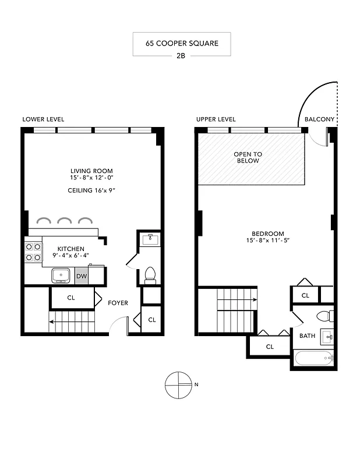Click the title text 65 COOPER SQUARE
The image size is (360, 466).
pos(181,44)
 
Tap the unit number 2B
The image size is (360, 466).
pos(181,57)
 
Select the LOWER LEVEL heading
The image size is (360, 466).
pos(43,119)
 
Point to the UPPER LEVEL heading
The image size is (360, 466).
pos(216,119)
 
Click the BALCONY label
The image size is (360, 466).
pos(319,119)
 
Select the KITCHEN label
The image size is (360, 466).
pos(70,249)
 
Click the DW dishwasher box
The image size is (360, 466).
pos(82,276)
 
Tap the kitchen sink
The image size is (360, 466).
pos(60,275)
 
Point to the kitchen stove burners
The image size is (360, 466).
pos(33,252)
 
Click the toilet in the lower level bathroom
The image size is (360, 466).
pos(150,274)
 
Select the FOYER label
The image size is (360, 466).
pos(118,303)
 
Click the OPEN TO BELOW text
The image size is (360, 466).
pos(248,157)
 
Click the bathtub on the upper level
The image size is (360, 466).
pos(313,358)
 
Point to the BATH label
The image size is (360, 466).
pos(306,336)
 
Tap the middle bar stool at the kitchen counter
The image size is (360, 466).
pos(64,220)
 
